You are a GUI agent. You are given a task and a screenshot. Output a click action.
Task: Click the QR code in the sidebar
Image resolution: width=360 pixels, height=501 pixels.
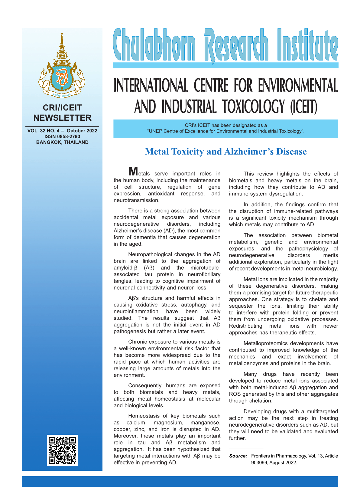[x=62, y=450]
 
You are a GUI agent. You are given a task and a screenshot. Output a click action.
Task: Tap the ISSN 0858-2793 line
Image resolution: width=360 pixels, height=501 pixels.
[x=62, y=136]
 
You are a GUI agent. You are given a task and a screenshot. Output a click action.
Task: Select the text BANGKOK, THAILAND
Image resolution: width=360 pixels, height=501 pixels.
[x=62, y=142]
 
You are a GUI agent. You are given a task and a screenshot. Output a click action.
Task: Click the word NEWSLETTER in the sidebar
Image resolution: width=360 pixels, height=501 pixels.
[x=62, y=118]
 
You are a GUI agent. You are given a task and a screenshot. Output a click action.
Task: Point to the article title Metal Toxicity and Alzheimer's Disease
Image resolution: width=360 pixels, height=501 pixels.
[x=225, y=151]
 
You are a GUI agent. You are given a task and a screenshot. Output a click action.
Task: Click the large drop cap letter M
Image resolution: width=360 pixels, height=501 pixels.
[x=133, y=171]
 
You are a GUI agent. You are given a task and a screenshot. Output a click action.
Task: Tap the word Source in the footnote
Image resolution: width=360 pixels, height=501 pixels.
[x=238, y=456]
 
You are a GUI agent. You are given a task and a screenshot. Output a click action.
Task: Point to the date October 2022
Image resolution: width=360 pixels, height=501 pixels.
[x=82, y=131]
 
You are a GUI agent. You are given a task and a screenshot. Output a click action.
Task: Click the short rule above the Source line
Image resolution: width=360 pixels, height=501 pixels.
[x=246, y=448]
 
